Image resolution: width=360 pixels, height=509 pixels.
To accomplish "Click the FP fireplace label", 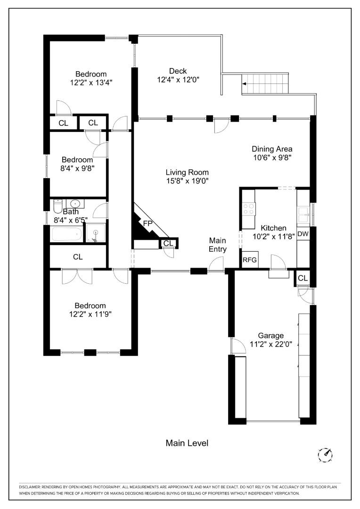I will click(x=147, y=223).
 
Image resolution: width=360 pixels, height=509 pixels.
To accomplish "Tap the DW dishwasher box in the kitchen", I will click(x=303, y=234).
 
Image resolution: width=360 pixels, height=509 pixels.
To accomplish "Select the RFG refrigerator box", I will click(x=249, y=260).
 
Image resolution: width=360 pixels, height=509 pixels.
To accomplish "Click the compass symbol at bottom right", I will click(x=326, y=454).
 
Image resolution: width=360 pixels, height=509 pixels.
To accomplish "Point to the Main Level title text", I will click(x=187, y=443).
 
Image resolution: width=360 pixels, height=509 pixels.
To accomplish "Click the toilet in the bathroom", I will click(x=57, y=206).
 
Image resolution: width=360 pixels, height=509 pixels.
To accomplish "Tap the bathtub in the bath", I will click(x=66, y=234).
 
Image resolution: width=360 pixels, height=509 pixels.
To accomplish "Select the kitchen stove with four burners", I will click(x=248, y=209).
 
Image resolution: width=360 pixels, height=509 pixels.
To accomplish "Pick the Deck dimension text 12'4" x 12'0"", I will click(x=178, y=80).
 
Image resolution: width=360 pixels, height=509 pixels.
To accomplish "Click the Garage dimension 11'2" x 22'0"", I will click(x=270, y=344).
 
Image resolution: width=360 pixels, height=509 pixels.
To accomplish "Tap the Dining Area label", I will click(x=272, y=149).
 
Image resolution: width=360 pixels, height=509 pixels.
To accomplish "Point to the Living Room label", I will click(x=187, y=172).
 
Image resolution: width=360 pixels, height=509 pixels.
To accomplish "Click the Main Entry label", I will click(x=218, y=245).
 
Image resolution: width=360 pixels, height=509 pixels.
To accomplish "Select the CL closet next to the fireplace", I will click(x=168, y=243).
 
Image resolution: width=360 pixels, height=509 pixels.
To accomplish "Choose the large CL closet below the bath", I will click(x=78, y=257).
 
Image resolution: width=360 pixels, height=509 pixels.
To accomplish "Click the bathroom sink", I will click(x=74, y=204).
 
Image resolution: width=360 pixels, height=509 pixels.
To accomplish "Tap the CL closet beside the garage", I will click(x=303, y=278).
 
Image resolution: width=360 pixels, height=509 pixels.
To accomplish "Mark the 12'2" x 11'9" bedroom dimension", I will click(x=90, y=313).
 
